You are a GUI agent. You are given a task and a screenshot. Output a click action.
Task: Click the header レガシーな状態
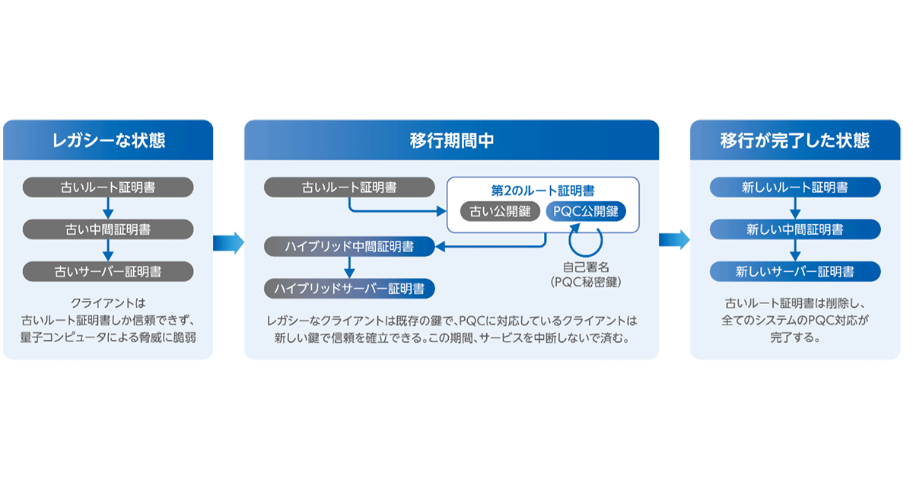pos(108,141)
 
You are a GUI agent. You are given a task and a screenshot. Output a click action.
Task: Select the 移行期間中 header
pos(451,141)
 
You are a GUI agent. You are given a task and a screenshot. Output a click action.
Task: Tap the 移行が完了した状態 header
pos(795,141)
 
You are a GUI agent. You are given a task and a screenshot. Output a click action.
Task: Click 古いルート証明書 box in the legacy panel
pos(107,187)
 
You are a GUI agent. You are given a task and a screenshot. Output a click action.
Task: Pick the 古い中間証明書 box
pos(107,229)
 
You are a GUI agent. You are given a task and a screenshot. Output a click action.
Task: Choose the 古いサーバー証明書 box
pos(107,270)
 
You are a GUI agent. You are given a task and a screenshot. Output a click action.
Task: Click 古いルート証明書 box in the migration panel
pos(349,187)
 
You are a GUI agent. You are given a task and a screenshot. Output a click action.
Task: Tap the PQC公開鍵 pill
pos(586,211)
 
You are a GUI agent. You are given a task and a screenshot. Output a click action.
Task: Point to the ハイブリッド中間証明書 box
pos(349,246)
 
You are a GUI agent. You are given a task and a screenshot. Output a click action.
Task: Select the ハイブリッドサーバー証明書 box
pos(349,289)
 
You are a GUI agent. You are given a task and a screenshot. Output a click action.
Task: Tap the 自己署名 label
pos(586,267)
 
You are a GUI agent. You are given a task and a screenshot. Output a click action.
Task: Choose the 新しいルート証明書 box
pos(795,187)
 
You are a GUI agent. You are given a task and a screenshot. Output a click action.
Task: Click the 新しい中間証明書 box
pos(795,229)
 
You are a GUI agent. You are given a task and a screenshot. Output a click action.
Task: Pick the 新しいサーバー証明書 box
pos(795,270)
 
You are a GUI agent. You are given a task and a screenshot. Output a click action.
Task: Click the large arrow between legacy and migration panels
pos(228,242)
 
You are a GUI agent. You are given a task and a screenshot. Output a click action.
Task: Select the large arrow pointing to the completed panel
pos(674,240)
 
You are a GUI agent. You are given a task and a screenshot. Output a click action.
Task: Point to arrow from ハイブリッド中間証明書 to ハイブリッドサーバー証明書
pos(349,267)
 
